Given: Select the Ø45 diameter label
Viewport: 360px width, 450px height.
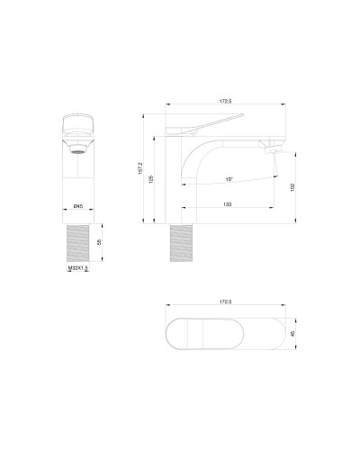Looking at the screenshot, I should coord(79,207).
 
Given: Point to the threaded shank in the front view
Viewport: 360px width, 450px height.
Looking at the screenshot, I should coord(79,244).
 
